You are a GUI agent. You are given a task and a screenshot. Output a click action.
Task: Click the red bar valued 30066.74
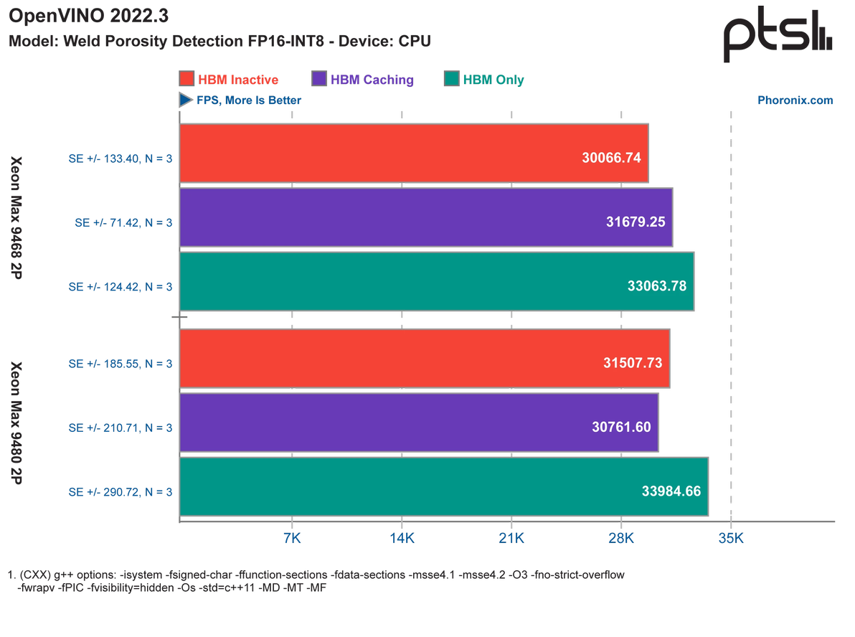414,154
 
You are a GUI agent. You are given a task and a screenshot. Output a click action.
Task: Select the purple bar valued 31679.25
425,218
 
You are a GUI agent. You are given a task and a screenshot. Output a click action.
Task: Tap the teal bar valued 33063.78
436,281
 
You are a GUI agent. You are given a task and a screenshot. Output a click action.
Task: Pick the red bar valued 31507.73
425,359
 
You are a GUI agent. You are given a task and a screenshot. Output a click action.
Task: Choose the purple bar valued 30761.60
418,423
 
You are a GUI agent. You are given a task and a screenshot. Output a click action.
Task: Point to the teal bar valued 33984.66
444,487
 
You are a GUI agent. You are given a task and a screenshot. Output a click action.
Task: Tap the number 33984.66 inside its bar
671,491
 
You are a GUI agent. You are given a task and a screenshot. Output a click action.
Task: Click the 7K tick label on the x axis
291,537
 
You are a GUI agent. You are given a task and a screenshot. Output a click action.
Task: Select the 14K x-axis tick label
401,537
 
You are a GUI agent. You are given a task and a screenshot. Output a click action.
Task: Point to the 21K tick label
511,537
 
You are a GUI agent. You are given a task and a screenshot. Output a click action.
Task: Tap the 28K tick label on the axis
620,537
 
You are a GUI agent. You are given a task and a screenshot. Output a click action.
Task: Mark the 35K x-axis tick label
730,537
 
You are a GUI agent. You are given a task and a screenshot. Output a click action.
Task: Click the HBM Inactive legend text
238,79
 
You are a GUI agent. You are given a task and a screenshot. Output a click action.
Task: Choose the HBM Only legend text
493,79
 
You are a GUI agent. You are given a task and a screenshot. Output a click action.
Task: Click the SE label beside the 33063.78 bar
121,286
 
